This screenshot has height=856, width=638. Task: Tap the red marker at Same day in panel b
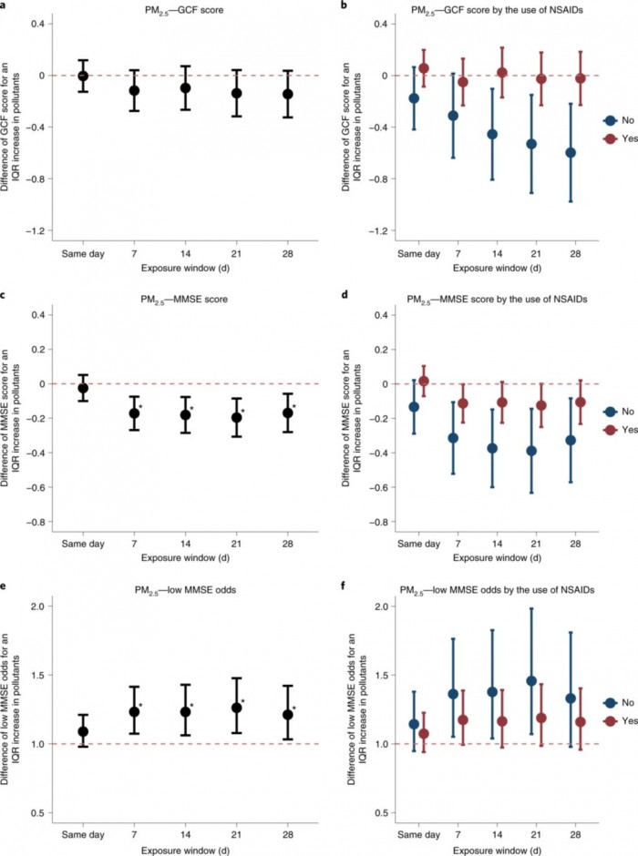pos(424,68)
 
